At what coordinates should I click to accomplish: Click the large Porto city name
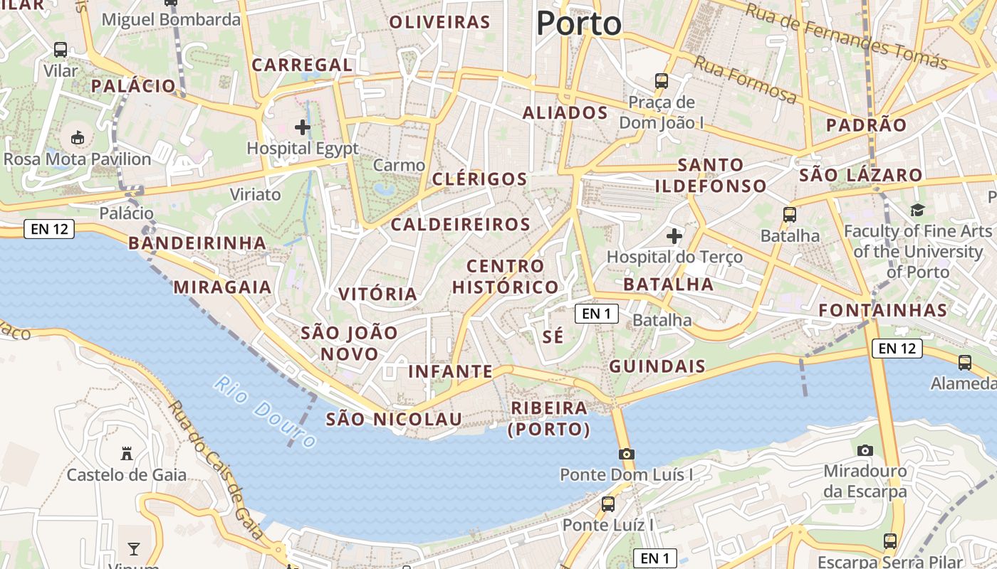(578, 23)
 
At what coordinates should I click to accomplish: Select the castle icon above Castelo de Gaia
(127, 453)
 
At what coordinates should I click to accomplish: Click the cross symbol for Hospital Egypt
(303, 127)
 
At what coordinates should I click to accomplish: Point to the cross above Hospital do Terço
(674, 235)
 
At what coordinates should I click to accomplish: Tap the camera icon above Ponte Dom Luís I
(627, 454)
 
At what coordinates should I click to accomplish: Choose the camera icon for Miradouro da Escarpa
(865, 450)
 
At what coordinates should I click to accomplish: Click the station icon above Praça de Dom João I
(662, 81)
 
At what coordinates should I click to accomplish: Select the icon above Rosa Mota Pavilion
(78, 137)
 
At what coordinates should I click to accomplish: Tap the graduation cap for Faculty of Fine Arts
(917, 210)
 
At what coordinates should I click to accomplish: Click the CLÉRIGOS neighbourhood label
(479, 179)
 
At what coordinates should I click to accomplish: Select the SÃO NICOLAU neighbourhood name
(394, 419)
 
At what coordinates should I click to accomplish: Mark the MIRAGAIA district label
(222, 287)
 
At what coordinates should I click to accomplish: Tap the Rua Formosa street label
(745, 79)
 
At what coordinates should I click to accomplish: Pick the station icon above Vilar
(61, 50)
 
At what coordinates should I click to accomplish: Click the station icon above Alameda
(965, 363)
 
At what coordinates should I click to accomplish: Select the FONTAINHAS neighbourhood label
(883, 310)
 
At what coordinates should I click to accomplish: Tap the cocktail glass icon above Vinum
(133, 548)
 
